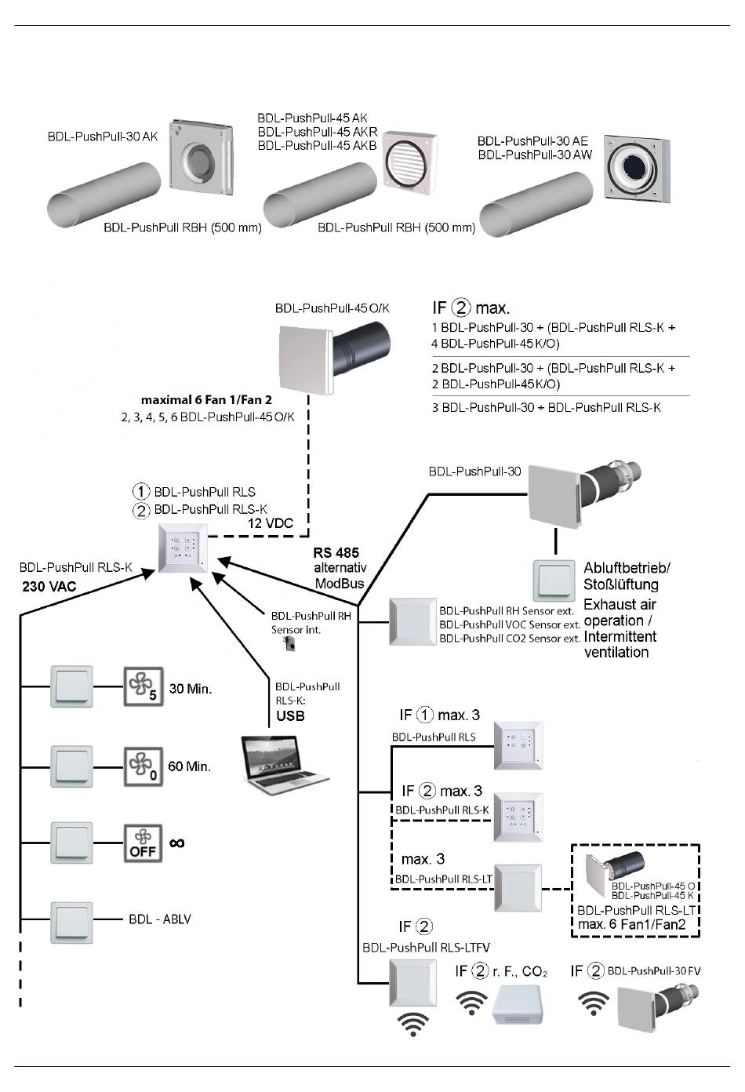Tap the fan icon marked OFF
(143, 843)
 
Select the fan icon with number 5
(143, 686)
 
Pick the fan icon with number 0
(143, 766)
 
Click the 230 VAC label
(49, 587)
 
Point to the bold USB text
(290, 716)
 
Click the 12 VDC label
(271, 523)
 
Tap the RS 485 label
(336, 553)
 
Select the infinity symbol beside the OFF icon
(177, 843)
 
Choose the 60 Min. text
(190, 766)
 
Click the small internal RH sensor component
(290, 645)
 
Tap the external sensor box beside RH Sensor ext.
(412, 623)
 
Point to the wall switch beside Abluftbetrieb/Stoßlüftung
(554, 581)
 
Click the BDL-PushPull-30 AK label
(103, 136)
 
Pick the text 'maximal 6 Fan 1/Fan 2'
(206, 400)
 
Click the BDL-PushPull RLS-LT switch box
(518, 888)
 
